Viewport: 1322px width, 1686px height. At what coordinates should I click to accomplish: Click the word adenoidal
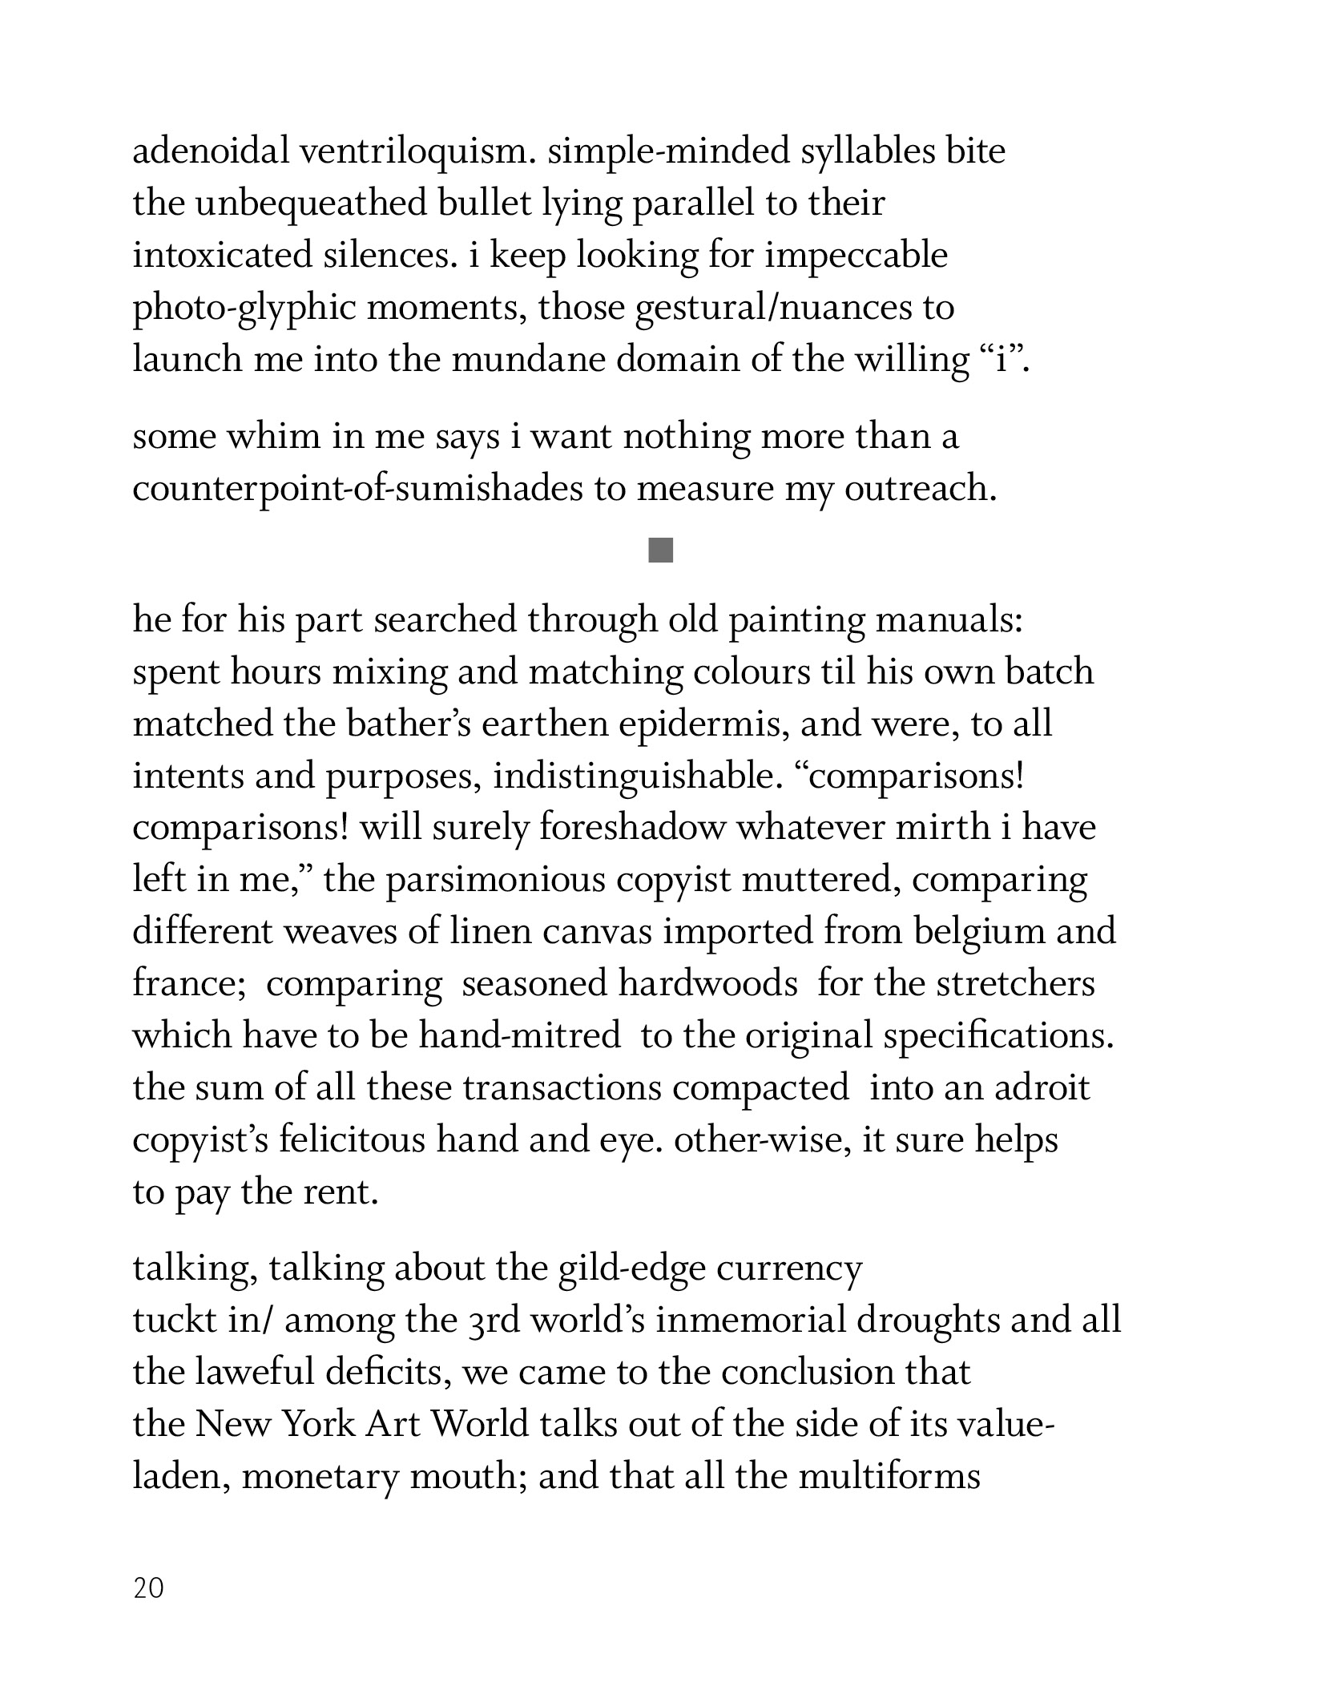[210, 151]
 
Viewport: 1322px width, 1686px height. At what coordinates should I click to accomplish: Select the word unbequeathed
[311, 204]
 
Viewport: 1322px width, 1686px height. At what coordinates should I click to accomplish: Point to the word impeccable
[856, 256]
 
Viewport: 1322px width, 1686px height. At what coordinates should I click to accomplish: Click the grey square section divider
[661, 551]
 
